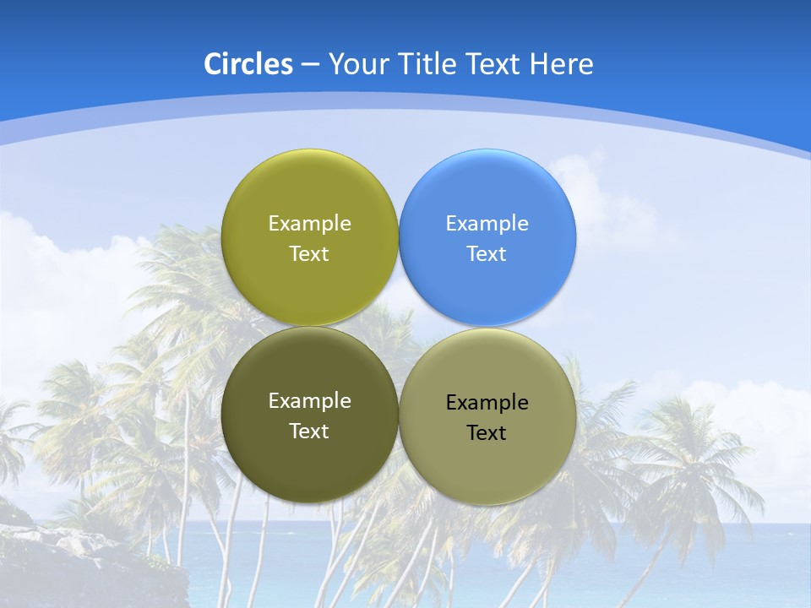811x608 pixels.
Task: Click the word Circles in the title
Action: [x=248, y=64]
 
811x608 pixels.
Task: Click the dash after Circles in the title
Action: [x=310, y=65]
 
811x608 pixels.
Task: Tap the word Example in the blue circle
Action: [x=487, y=224]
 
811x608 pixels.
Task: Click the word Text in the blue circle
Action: [x=487, y=254]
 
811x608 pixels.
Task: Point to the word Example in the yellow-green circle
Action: [x=309, y=224]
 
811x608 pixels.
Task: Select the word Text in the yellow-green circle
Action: [x=309, y=254]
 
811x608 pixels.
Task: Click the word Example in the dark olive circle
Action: [x=309, y=401]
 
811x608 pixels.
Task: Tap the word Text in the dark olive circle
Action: [x=309, y=432]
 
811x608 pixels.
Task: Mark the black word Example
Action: [x=487, y=403]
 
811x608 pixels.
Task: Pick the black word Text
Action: [x=487, y=433]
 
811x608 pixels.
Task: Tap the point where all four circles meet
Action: [x=399, y=327]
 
